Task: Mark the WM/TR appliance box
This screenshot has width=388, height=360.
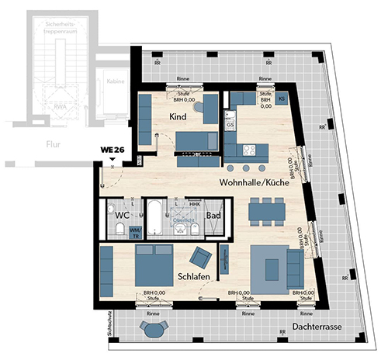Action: tap(135, 231)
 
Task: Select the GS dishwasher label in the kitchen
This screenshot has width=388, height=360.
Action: tap(230, 124)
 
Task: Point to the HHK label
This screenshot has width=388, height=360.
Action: tap(194, 204)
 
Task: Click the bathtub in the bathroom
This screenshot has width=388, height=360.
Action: tap(156, 220)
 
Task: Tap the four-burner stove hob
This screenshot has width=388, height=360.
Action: tap(250, 151)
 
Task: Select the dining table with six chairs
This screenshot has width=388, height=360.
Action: tap(266, 209)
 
